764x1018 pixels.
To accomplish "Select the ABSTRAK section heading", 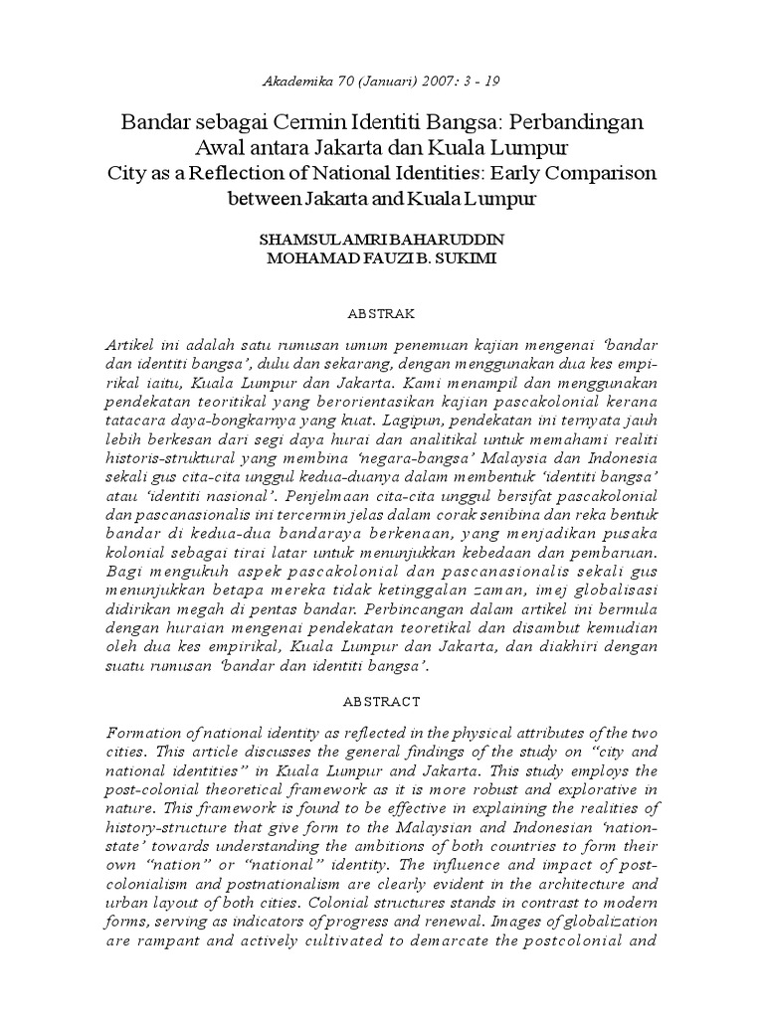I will [382, 312].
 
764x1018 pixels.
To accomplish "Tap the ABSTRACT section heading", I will [382, 702].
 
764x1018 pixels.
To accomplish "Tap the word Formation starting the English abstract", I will [144, 733].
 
